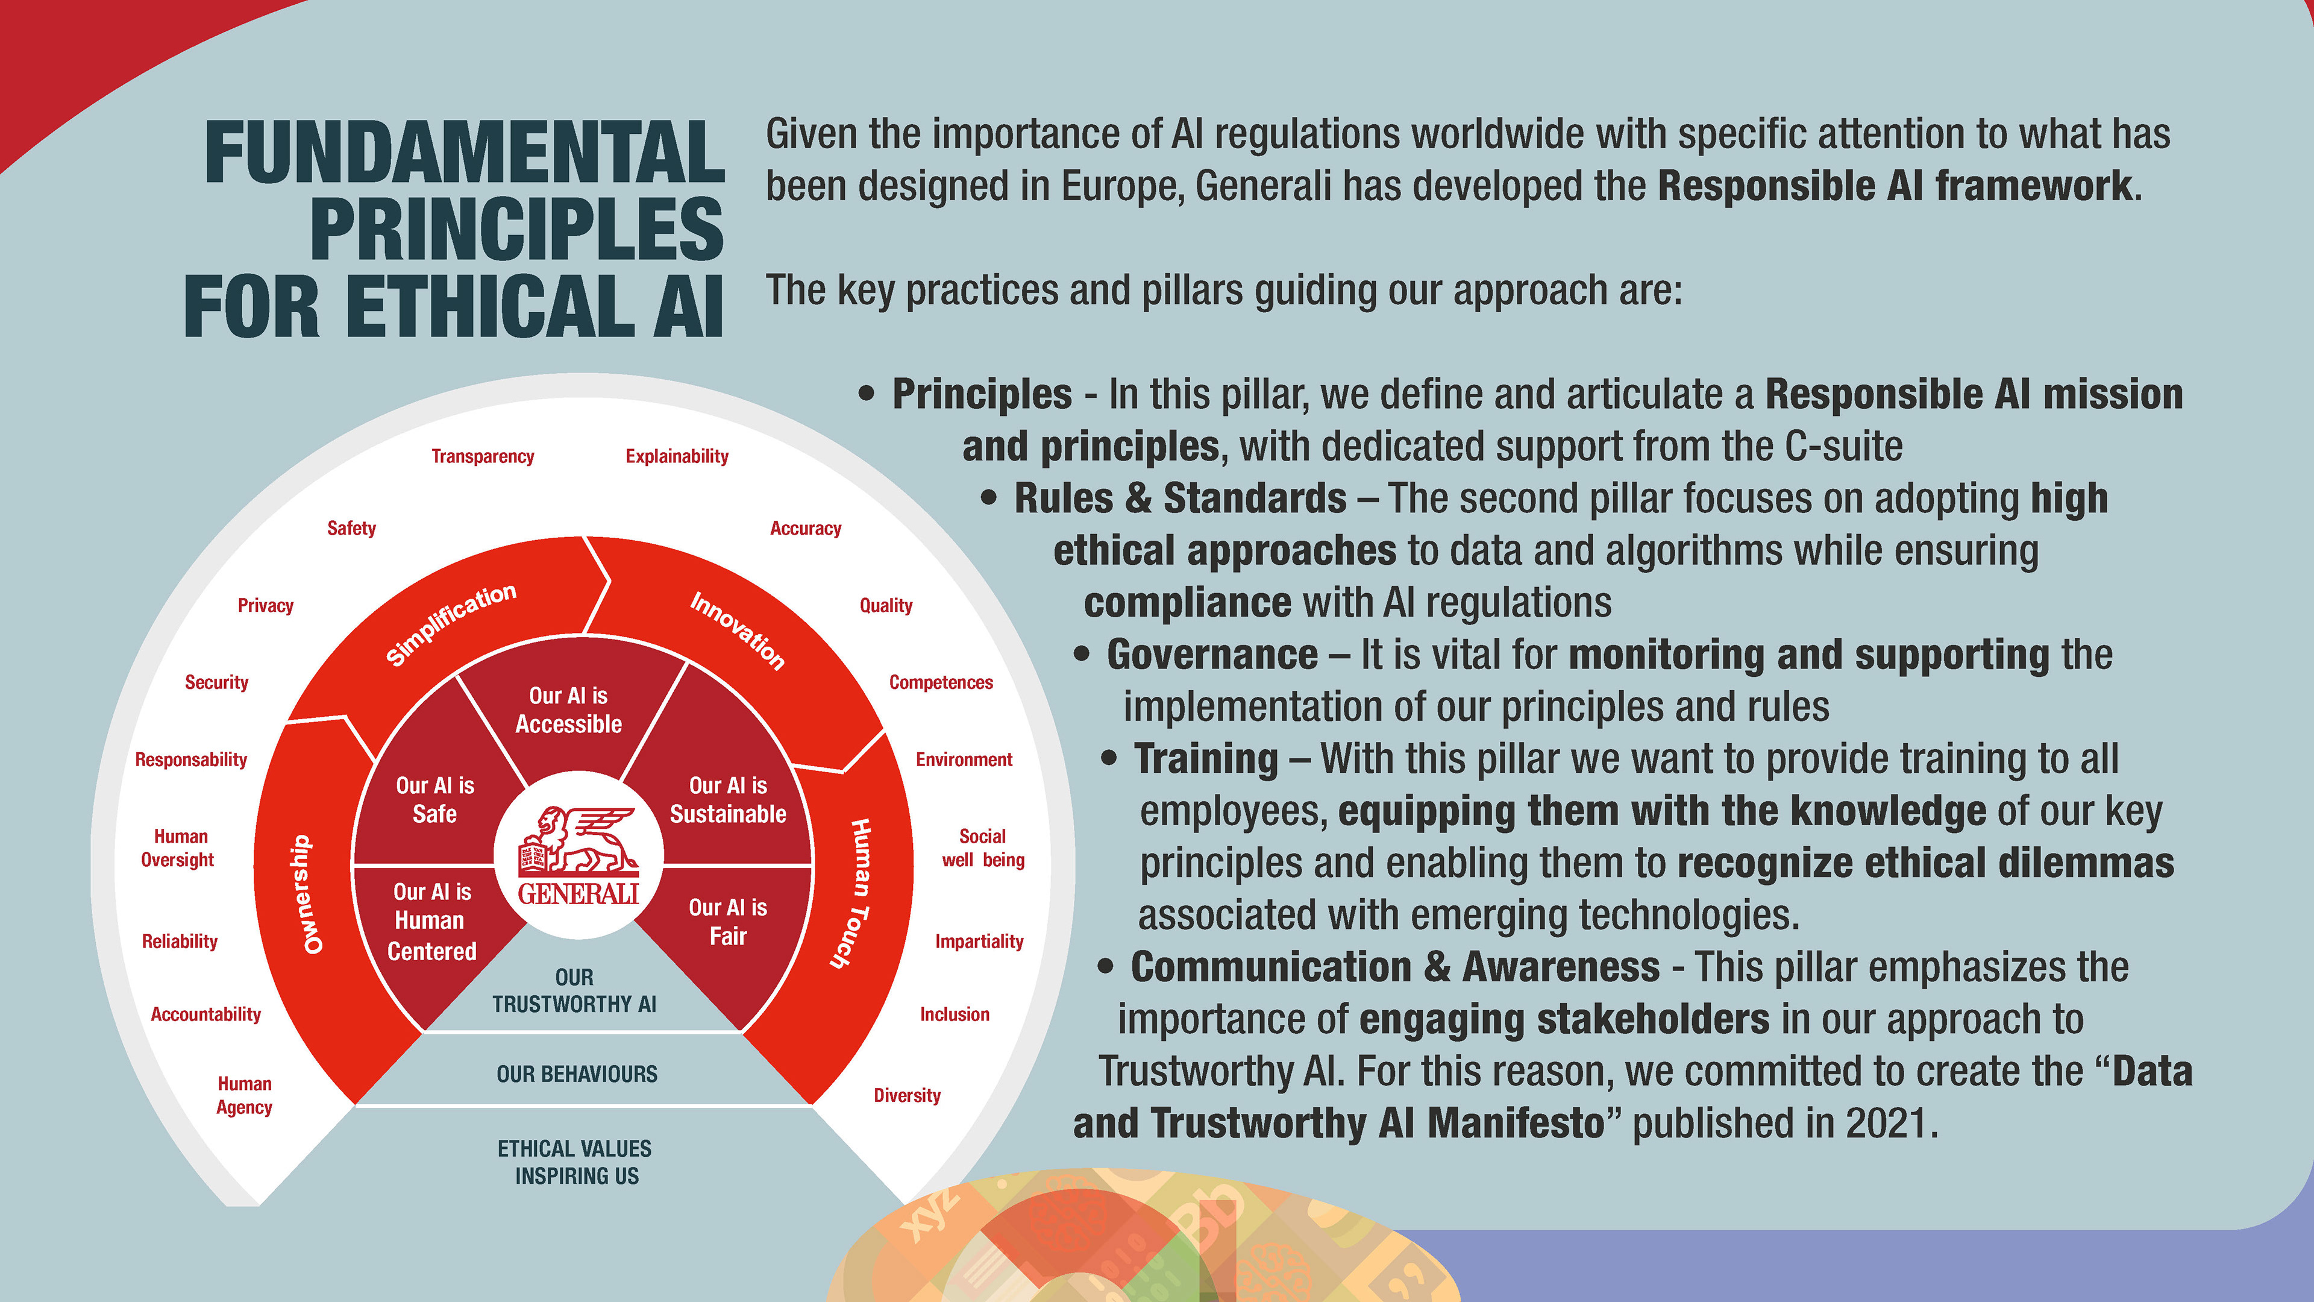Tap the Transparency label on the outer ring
coord(482,456)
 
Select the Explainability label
coord(676,456)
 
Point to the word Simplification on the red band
coord(451,624)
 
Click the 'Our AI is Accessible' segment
coord(569,710)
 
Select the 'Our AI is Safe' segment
coord(434,800)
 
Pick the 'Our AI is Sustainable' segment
coord(727,800)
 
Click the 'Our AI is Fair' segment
coord(727,922)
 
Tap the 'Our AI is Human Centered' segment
coord(432,921)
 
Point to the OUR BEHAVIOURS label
coord(577,1074)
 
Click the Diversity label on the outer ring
coord(908,1095)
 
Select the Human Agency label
coord(244,1095)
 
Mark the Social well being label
coord(983,848)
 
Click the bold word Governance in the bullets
coord(1212,655)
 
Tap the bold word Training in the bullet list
coord(1205,759)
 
